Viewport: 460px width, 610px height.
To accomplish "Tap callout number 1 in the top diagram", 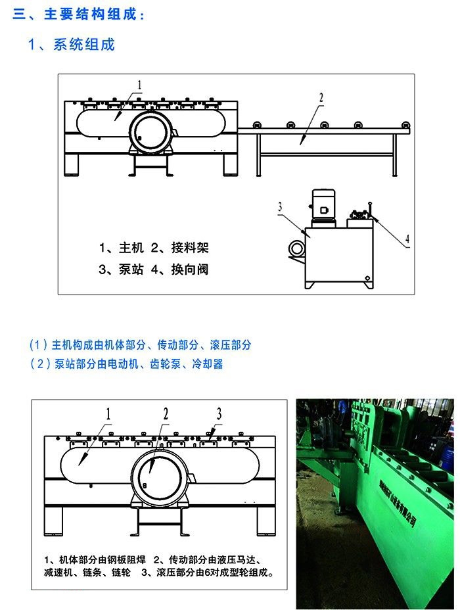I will coord(139,84).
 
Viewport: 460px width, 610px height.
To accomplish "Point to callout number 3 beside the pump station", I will coord(280,207).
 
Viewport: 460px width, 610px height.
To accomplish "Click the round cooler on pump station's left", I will coord(296,248).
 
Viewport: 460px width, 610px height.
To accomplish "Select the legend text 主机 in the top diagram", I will coord(131,248).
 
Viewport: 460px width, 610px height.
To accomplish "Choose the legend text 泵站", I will coord(131,269).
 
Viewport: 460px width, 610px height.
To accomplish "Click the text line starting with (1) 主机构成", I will coord(141,344).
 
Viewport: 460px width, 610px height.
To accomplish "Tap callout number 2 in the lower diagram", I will coord(166,413).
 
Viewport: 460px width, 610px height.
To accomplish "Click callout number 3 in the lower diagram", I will coord(219,413).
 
